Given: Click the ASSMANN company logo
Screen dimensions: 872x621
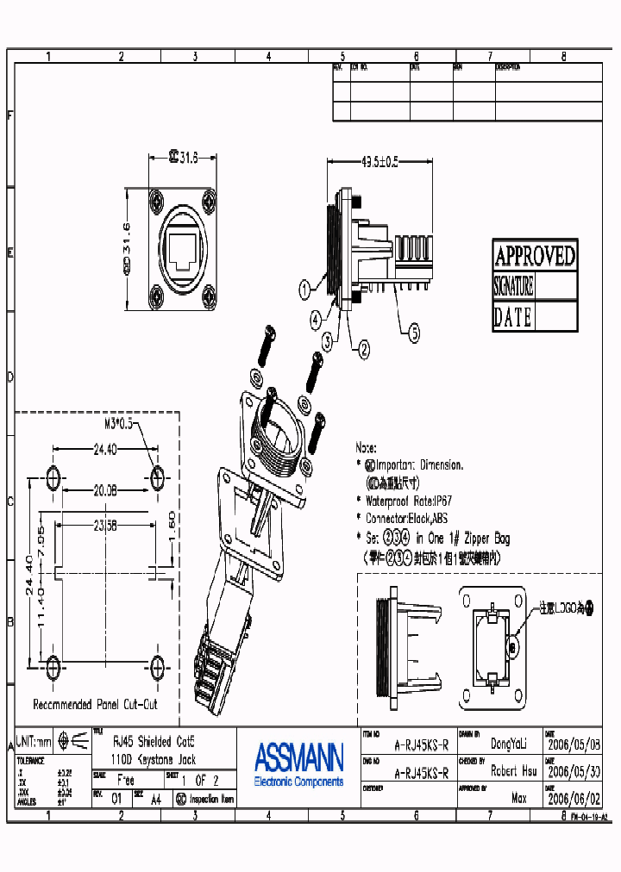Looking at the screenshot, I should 298,758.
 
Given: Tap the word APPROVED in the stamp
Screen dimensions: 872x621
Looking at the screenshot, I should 534,256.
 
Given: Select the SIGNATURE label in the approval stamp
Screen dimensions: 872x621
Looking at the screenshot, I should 513,286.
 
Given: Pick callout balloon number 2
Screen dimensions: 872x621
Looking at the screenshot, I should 364,349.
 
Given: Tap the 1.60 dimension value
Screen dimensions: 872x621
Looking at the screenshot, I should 172,520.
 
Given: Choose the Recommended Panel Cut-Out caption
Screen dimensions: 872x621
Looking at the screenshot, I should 95,704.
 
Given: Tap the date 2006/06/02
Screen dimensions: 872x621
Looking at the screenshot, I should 574,799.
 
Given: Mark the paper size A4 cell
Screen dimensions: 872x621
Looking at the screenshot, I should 155,799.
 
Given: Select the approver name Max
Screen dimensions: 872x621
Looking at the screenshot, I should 517,799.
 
